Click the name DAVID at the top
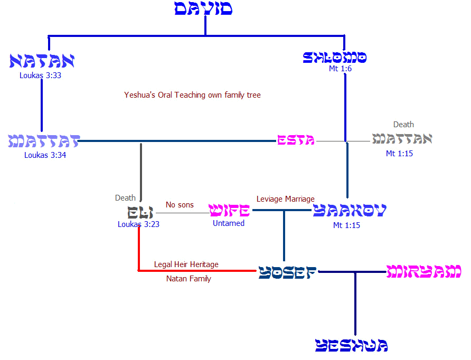[203, 9]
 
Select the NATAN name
[42, 61]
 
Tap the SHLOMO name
[335, 57]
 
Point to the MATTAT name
[44, 141]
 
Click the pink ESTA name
[296, 140]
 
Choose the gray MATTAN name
[402, 139]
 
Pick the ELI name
[140, 213]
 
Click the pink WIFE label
[229, 211]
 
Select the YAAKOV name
[350, 211]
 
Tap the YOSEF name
[288, 272]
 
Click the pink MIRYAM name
[424, 272]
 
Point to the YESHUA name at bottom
[352, 346]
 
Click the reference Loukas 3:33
[41, 75]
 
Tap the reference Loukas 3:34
[45, 155]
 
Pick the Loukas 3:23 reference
[138, 224]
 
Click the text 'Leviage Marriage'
[286, 199]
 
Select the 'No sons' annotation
[180, 205]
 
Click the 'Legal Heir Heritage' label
[186, 264]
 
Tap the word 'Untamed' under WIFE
[229, 223]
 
